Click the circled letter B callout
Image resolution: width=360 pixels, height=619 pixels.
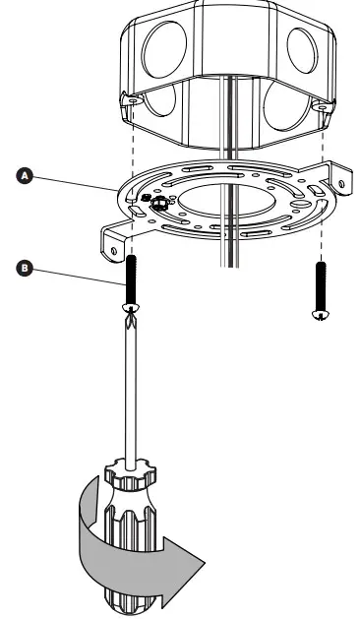28,266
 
